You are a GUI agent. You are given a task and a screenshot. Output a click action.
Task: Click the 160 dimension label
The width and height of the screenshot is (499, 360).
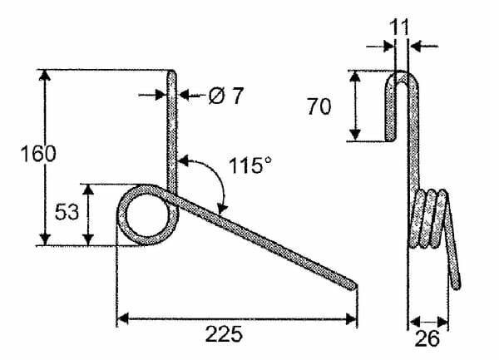[38, 154]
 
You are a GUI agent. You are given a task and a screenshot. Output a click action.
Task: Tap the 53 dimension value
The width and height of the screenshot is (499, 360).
[67, 212]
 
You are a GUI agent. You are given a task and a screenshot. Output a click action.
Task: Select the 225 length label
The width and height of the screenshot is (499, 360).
[224, 334]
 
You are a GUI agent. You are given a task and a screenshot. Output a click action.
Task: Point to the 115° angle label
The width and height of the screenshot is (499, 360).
[250, 165]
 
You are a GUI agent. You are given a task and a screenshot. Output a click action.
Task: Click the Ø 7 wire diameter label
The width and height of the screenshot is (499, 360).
[226, 96]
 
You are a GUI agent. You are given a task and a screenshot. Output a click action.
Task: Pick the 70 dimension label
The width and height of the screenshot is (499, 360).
[319, 106]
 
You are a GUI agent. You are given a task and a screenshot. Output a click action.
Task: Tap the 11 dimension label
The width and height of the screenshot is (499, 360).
[398, 27]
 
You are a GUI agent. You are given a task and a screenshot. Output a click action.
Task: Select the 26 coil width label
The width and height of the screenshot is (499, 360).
[427, 338]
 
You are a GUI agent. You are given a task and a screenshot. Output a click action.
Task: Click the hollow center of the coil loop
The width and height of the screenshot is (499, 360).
[147, 215]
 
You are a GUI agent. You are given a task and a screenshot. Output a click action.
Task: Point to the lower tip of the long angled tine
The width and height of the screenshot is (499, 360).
[353, 285]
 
